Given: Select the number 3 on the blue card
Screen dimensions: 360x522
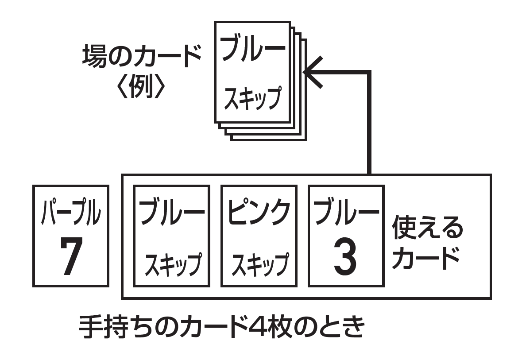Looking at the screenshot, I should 345,257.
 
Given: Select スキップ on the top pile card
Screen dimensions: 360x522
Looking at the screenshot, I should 253,98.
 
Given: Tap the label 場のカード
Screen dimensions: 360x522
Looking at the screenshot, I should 141,56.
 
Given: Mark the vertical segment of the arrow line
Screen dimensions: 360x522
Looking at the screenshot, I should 368,124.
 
